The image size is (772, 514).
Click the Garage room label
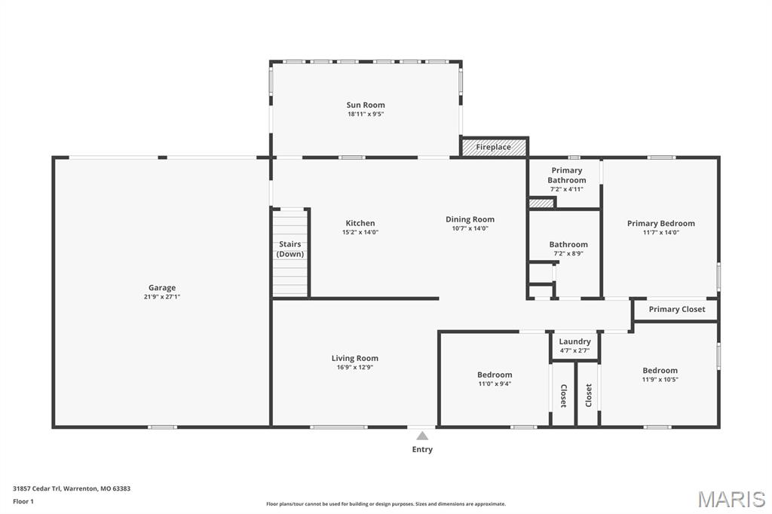click(161, 288)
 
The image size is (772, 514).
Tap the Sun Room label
click(366, 106)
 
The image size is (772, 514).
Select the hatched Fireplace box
click(494, 147)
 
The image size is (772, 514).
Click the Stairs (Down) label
click(290, 249)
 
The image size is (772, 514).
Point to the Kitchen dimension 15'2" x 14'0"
click(360, 232)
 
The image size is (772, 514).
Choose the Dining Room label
click(470, 219)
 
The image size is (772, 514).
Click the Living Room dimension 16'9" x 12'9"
click(355, 367)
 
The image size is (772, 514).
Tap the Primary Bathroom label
click(567, 176)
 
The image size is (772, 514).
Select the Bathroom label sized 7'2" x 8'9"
click(568, 245)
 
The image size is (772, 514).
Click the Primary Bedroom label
click(661, 223)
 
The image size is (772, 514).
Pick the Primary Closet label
click(677, 309)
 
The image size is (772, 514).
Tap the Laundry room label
click(574, 341)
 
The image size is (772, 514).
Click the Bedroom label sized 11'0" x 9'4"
click(495, 375)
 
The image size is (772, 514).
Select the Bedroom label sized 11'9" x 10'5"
click(660, 370)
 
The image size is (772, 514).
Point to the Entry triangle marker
click(422, 436)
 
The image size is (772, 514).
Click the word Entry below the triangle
click(422, 449)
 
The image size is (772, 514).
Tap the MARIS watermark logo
click(731, 499)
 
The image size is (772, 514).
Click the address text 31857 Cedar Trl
click(42, 488)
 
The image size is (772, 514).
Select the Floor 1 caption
click(23, 500)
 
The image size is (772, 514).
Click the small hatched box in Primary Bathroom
click(541, 203)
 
